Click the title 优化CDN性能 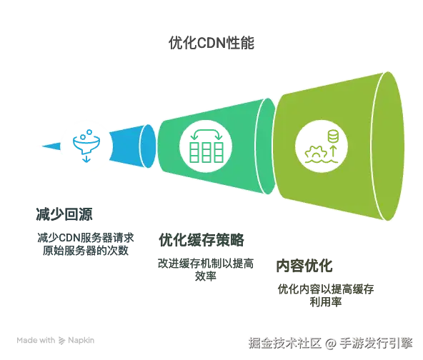(211, 43)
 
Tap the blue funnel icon (86, 146)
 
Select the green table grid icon (206, 152)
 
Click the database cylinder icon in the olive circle (333, 136)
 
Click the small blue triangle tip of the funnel (51, 146)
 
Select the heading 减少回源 (64, 214)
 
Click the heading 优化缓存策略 (201, 240)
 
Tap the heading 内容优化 (304, 266)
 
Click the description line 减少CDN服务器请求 (86, 238)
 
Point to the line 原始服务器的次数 (86, 251)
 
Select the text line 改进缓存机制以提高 (206, 264)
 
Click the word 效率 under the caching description (206, 276)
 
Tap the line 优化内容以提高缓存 (326, 289)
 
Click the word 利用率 (326, 301)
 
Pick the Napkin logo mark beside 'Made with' (61, 341)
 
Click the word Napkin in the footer (81, 341)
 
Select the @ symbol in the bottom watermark (330, 344)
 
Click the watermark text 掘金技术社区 (285, 343)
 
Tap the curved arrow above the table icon (206, 131)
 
